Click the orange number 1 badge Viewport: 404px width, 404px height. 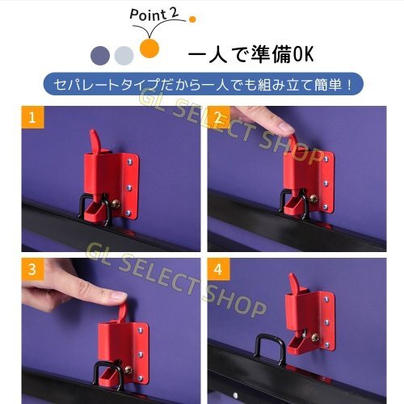[x=32, y=119]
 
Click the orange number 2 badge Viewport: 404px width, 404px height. [x=219, y=119]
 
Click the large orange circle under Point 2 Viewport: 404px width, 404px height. [x=149, y=48]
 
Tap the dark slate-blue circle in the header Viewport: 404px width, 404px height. [x=101, y=55]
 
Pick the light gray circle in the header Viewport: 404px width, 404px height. [x=124, y=55]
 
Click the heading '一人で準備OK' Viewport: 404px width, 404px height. [x=250, y=56]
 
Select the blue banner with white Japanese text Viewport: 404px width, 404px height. [x=202, y=84]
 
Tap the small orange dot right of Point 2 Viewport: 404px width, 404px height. [x=192, y=18]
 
